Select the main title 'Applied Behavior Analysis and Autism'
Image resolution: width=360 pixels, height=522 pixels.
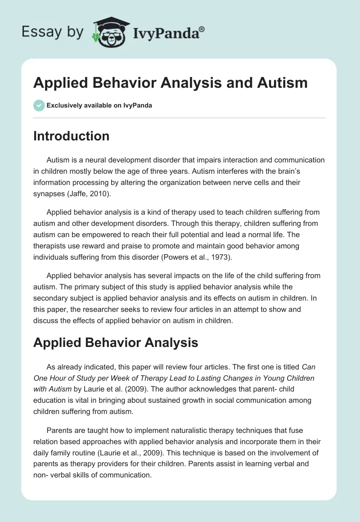(x=171, y=83)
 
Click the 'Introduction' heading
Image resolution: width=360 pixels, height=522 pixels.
(x=71, y=136)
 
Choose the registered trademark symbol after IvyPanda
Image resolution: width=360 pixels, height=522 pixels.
(x=202, y=29)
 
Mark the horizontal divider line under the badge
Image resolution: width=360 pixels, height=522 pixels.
(x=180, y=118)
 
